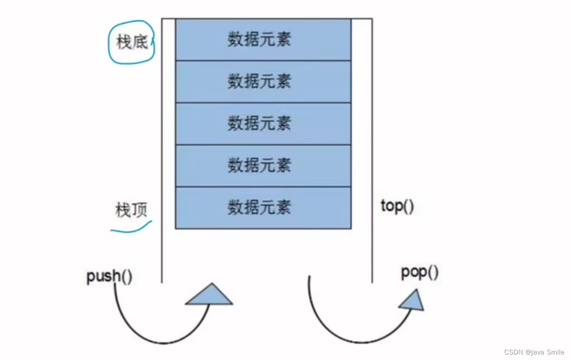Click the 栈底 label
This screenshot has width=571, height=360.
(x=132, y=43)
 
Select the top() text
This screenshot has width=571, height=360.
(x=397, y=206)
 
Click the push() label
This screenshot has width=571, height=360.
(x=110, y=276)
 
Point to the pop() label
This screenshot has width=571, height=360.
(x=420, y=273)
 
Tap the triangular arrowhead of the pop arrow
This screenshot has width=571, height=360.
(x=412, y=300)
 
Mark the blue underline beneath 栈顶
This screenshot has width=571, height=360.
(x=131, y=228)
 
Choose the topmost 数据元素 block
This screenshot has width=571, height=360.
(x=263, y=40)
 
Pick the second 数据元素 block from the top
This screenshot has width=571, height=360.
(x=263, y=82)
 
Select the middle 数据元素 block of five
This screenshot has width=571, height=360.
(x=263, y=123)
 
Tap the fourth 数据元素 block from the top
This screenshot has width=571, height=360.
(x=263, y=165)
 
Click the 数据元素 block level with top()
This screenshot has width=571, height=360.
(x=263, y=207)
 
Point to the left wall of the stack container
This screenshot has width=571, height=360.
(x=162, y=149)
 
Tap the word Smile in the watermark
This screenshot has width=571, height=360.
(x=556, y=352)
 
